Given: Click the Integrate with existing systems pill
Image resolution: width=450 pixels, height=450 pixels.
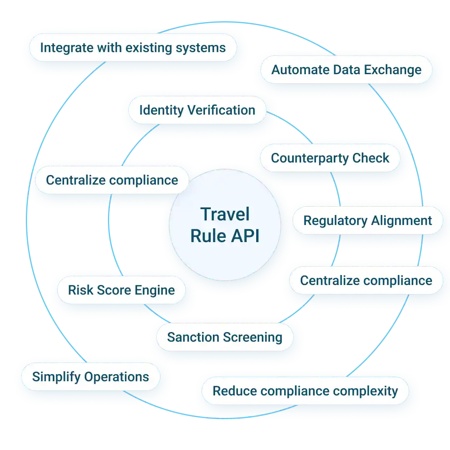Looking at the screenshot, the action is [x=132, y=47].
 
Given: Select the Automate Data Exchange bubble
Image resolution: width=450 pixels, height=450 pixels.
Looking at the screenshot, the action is [x=346, y=70].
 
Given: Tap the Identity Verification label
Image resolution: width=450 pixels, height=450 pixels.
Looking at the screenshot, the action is [x=197, y=110].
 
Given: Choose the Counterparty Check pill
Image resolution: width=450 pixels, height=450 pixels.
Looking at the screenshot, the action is [x=330, y=158].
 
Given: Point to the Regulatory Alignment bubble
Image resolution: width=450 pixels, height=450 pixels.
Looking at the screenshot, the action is [x=367, y=220].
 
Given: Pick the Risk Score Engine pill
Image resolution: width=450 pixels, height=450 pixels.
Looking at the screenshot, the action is [x=121, y=290].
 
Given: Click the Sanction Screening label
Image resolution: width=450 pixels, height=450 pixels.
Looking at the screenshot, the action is [x=225, y=337].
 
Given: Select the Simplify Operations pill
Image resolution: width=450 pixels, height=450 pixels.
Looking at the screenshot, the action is [x=90, y=377].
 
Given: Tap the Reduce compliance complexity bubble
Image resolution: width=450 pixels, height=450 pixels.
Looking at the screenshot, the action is [x=305, y=391].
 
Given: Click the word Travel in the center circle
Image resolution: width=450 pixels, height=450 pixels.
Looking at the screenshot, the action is [x=225, y=215].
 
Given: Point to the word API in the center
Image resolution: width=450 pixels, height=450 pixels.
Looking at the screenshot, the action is [x=243, y=236].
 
